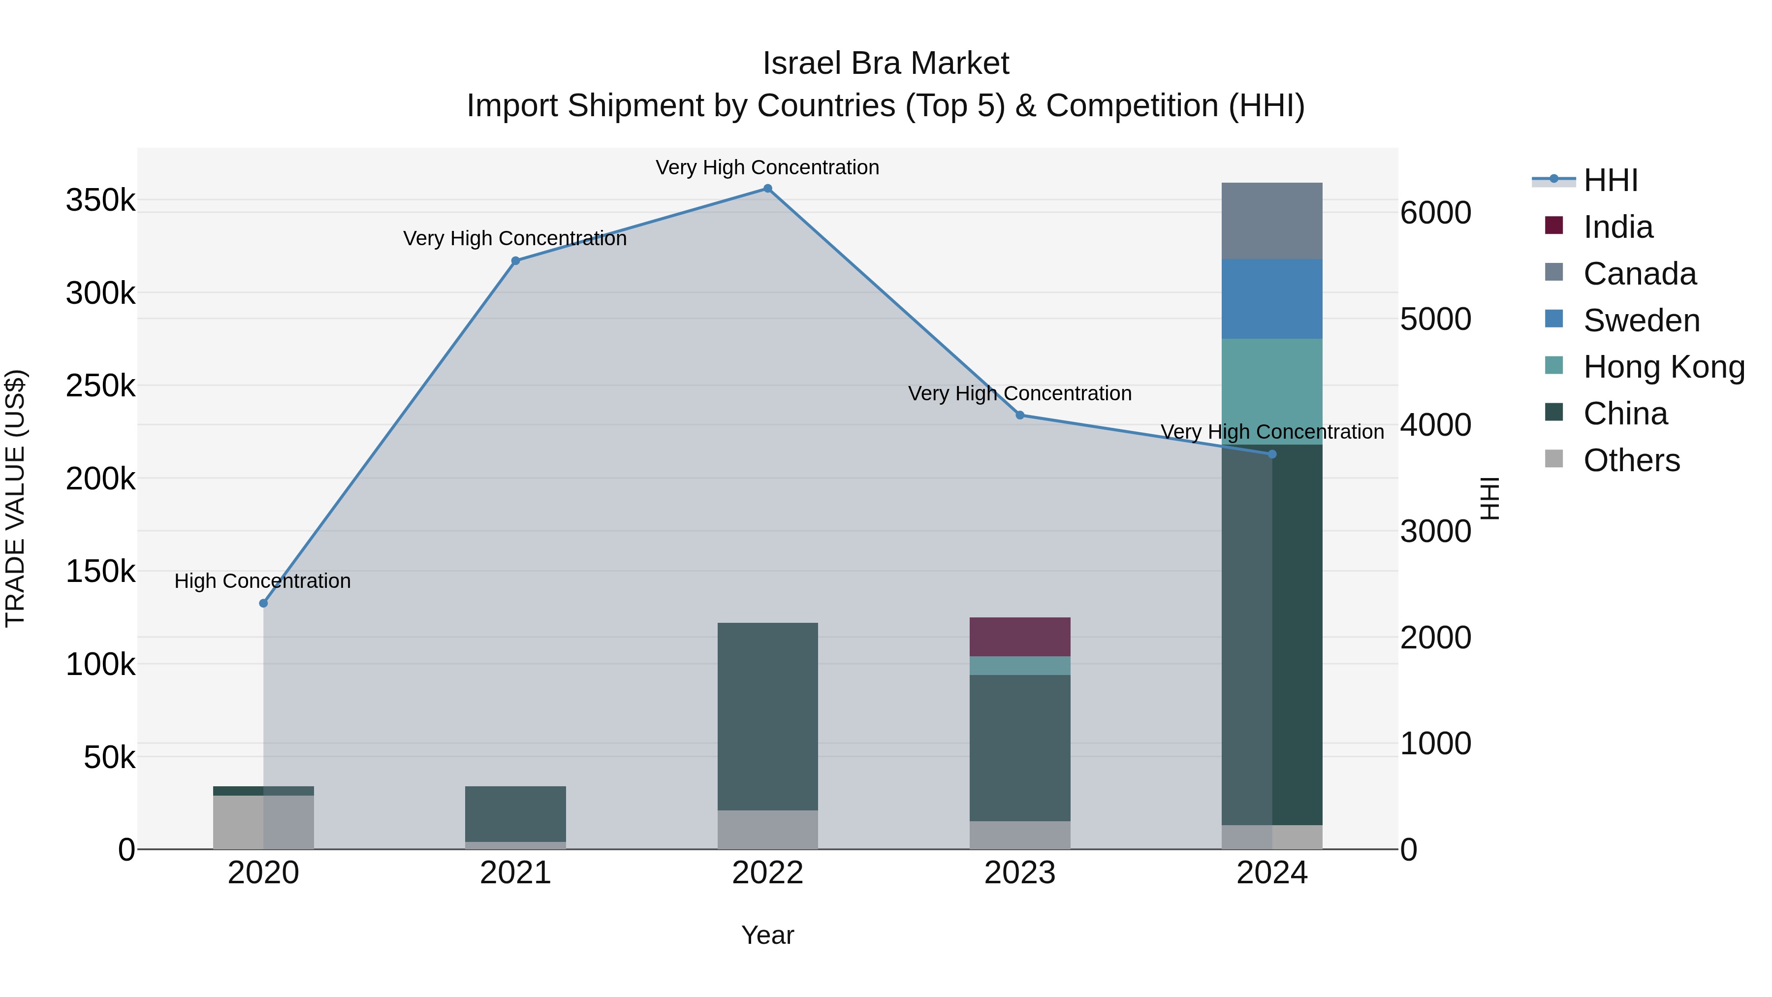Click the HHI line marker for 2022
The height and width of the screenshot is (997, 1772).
pyautogui.click(x=768, y=188)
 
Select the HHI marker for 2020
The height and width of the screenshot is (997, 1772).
pyautogui.click(x=263, y=604)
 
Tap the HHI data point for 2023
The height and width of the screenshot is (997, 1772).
pyautogui.click(x=1020, y=415)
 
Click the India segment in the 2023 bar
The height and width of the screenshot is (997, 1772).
pyautogui.click(x=1020, y=637)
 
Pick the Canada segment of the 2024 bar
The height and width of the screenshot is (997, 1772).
pyautogui.click(x=1272, y=221)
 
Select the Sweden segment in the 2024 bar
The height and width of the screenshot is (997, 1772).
pyautogui.click(x=1272, y=299)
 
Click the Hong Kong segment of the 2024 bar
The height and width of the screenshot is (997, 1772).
pyautogui.click(x=1272, y=391)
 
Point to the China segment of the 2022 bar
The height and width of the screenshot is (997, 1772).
pyautogui.click(x=768, y=715)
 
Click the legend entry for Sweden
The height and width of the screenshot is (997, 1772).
pyautogui.click(x=1641, y=321)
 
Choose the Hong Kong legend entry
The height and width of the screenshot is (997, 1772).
pyautogui.click(x=1663, y=367)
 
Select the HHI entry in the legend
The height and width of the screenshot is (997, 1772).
pyautogui.click(x=1610, y=180)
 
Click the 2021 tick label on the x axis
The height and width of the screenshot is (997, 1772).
pyautogui.click(x=515, y=873)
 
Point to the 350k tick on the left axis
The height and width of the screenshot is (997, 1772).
pyautogui.click(x=100, y=200)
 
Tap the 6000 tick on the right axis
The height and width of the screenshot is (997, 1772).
pyautogui.click(x=1436, y=213)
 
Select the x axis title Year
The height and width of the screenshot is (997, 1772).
pyautogui.click(x=768, y=935)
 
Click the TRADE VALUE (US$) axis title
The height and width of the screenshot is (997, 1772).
pyautogui.click(x=16, y=498)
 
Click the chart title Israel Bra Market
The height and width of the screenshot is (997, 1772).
pyautogui.click(x=886, y=64)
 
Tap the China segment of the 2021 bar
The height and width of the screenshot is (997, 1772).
pyautogui.click(x=515, y=813)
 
